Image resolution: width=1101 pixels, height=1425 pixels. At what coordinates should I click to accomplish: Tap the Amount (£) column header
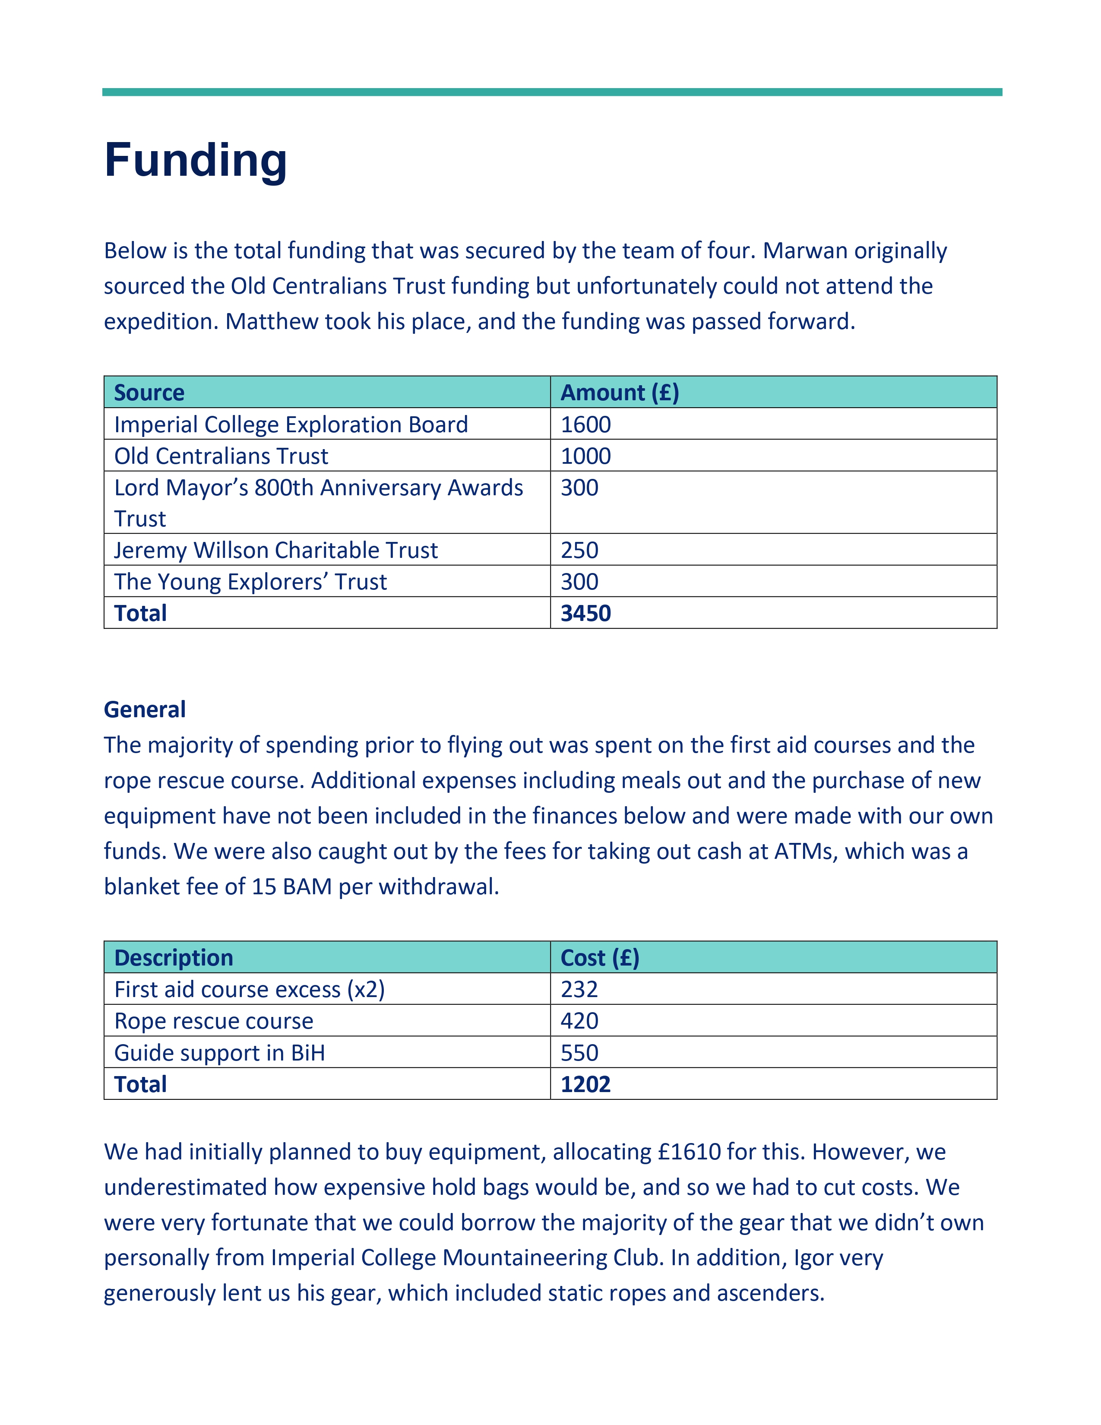[620, 393]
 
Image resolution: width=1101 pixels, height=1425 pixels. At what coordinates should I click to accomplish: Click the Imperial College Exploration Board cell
[291, 425]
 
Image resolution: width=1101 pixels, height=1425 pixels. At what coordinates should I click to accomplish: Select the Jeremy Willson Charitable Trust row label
[276, 550]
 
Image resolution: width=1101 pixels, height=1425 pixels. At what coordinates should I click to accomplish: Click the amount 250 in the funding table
[579, 550]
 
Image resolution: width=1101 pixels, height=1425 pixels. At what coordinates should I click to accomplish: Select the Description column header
[174, 958]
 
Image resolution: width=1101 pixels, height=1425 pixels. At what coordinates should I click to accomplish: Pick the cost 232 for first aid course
[579, 990]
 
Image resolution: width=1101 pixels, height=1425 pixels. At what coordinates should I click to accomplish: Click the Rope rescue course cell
[214, 1021]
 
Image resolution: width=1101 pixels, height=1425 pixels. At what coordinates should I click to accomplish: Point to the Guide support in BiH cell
[219, 1053]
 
